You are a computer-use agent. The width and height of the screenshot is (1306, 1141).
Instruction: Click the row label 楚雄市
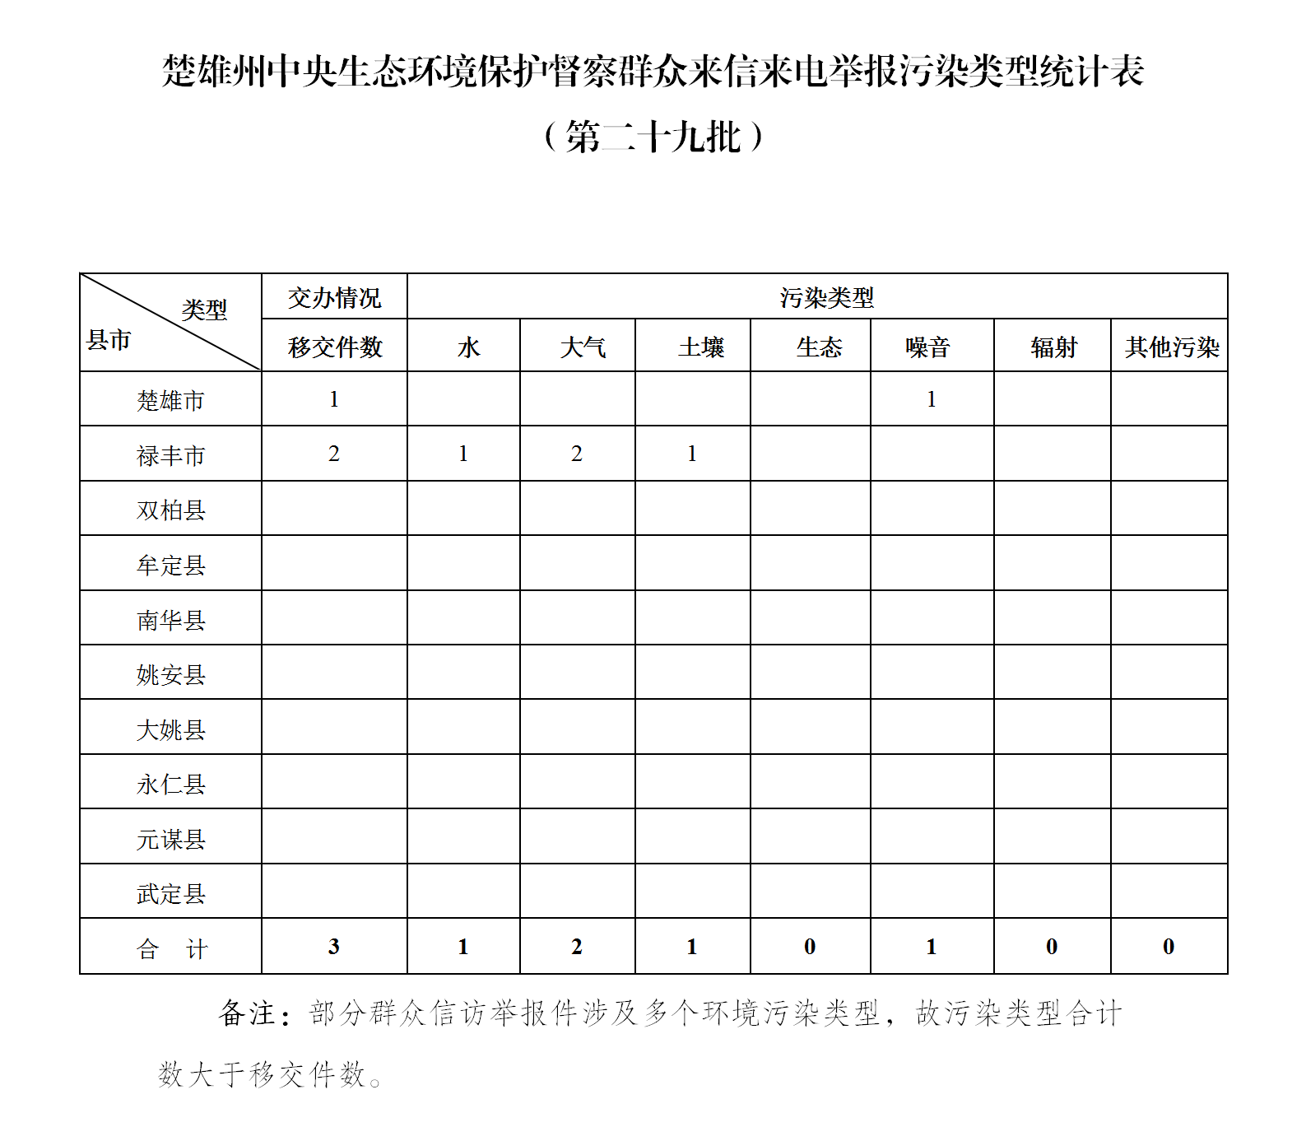[x=170, y=401]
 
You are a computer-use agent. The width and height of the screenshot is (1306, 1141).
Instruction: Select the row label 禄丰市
[x=170, y=455]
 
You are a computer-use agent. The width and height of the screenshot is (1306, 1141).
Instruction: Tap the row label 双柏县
[x=170, y=510]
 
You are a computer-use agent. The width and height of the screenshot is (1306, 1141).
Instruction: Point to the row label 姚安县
[x=170, y=675]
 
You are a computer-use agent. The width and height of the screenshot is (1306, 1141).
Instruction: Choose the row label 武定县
[x=170, y=894]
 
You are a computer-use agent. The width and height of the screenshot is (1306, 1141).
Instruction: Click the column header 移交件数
[x=335, y=347]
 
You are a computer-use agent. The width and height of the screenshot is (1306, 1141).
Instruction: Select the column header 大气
[x=583, y=347]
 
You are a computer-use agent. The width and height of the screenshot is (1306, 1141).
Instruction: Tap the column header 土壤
[x=701, y=347]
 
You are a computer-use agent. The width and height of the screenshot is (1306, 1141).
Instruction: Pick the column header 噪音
[x=927, y=347]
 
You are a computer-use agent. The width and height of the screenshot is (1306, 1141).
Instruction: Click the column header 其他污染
[x=1172, y=347]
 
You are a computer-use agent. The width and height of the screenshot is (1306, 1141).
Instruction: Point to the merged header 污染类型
[x=826, y=298]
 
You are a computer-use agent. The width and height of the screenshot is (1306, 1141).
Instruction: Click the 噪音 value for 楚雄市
[x=931, y=399]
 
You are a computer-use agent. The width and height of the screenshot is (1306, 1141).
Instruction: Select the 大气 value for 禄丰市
[x=577, y=454]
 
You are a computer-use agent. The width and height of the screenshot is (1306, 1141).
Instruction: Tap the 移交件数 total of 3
[x=333, y=947]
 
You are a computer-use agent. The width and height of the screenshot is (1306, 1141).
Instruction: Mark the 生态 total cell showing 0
[x=810, y=947]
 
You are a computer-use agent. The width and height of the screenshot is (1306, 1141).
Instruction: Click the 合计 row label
[x=171, y=949]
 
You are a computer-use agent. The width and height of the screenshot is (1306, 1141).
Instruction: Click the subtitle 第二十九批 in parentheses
[x=653, y=137]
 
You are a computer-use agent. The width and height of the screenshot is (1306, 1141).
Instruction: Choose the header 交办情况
[x=334, y=298]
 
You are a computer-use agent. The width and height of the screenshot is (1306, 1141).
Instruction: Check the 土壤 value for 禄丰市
[x=692, y=454]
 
